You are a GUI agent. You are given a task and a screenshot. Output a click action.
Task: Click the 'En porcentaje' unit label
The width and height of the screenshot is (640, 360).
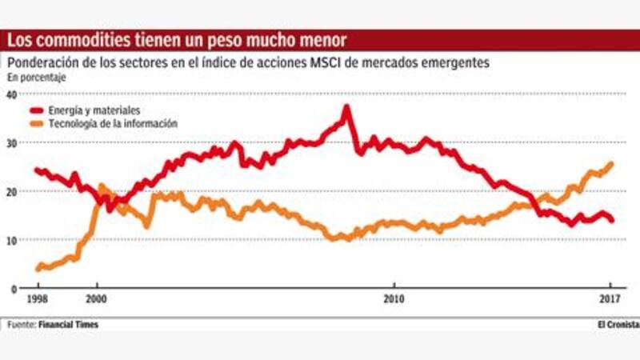pyautogui.click(x=37, y=78)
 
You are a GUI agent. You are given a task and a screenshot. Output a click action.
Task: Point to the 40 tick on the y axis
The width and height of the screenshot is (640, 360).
pyautogui.click(x=11, y=94)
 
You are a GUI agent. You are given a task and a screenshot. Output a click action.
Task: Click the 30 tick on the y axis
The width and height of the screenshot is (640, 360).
pyautogui.click(x=11, y=142)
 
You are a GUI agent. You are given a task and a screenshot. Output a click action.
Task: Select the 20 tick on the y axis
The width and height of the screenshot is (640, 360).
pyautogui.click(x=11, y=192)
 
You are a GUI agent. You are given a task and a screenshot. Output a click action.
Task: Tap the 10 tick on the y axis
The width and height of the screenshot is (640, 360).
pyautogui.click(x=11, y=240)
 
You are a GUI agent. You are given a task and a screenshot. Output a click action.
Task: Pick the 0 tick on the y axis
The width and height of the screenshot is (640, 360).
pyautogui.click(x=14, y=289)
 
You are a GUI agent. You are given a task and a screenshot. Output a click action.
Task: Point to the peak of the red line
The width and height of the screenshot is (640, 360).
pyautogui.click(x=347, y=106)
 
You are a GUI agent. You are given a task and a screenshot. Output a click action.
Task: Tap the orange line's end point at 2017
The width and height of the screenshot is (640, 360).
pyautogui.click(x=612, y=164)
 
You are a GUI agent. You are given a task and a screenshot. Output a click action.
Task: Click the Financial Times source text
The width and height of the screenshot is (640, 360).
pyautogui.click(x=70, y=325)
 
